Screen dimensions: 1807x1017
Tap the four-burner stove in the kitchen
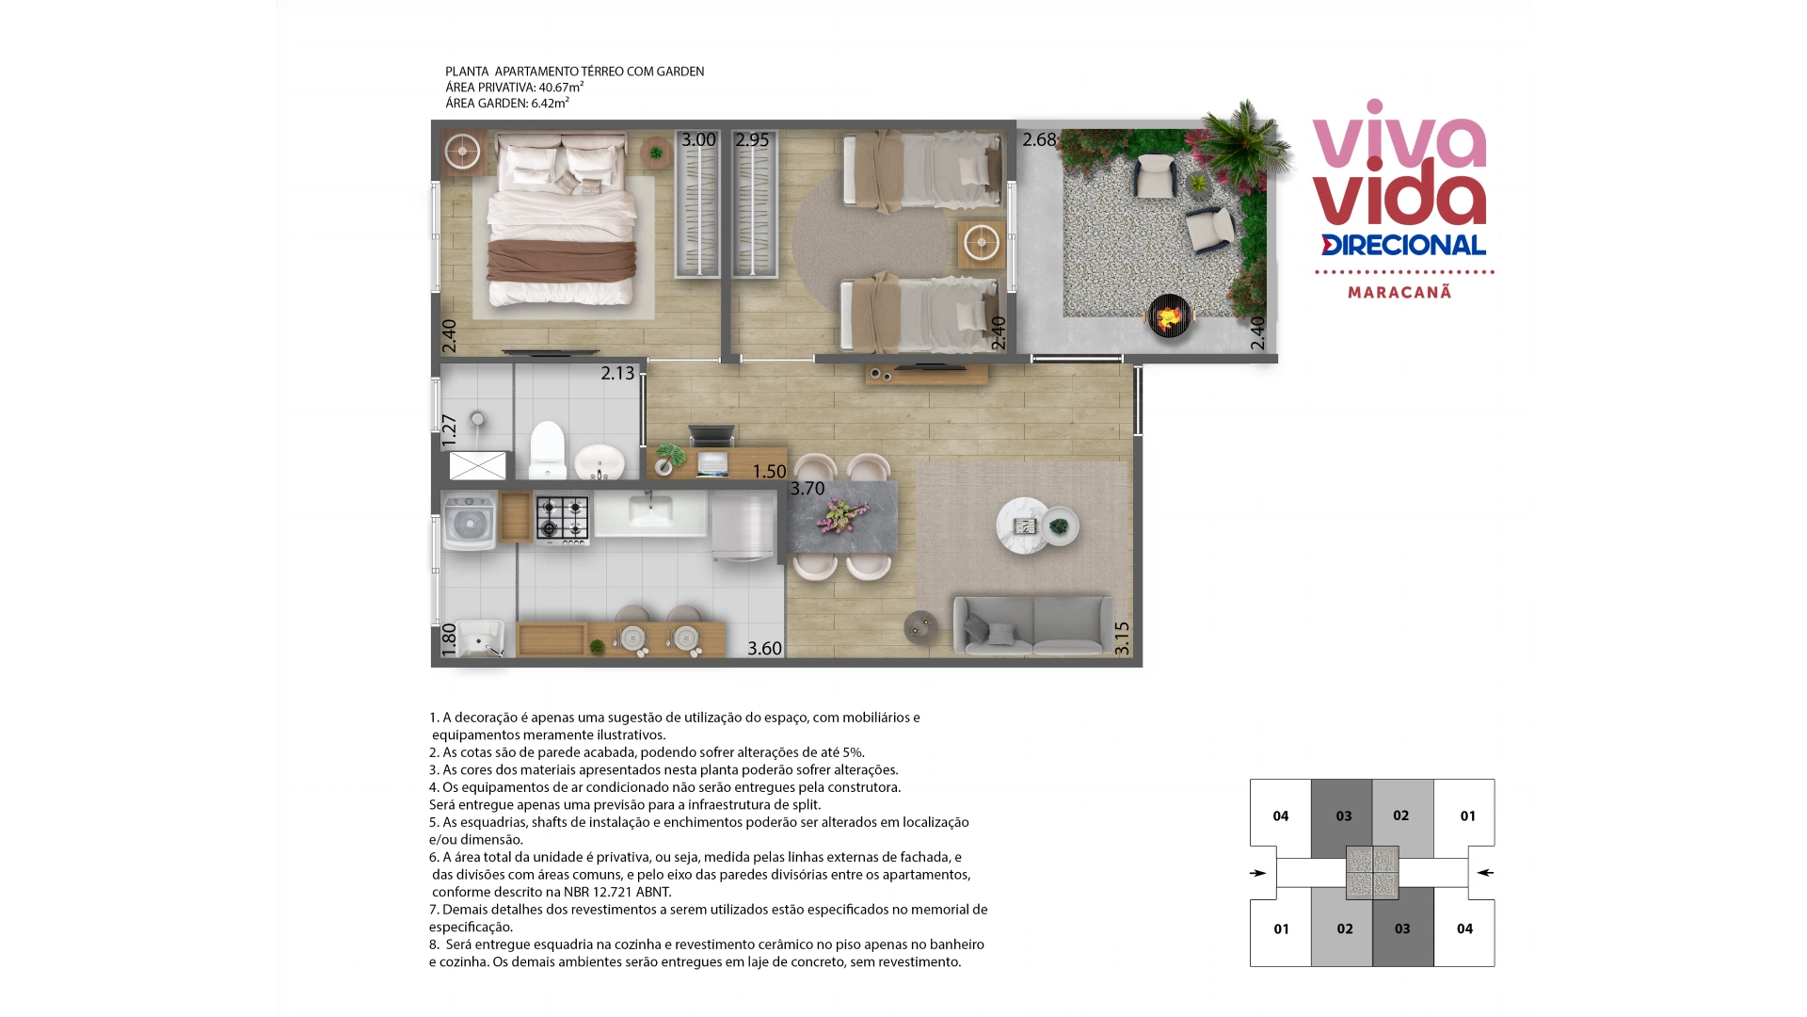click(x=563, y=519)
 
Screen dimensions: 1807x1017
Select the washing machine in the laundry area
click(x=469, y=521)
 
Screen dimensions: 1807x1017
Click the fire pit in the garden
click(x=1169, y=316)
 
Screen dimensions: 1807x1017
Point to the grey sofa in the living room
click(x=1033, y=624)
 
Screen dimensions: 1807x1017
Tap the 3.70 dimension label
click(x=808, y=489)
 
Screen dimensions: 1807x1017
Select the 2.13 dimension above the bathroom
click(x=617, y=374)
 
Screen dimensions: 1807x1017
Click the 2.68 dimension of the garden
click(x=1039, y=140)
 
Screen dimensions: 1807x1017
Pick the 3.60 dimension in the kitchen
click(x=764, y=649)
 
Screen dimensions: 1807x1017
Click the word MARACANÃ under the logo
click(x=1399, y=292)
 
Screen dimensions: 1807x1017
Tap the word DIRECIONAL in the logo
click(x=1403, y=245)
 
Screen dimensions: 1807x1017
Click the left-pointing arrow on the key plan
click(x=1485, y=873)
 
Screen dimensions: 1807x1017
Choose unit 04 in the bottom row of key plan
click(x=1464, y=928)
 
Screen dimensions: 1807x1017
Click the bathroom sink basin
click(x=599, y=461)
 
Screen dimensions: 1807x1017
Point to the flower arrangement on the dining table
click(x=841, y=516)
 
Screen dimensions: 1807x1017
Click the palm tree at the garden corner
click(x=1244, y=141)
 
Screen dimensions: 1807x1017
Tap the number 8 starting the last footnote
click(x=433, y=944)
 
